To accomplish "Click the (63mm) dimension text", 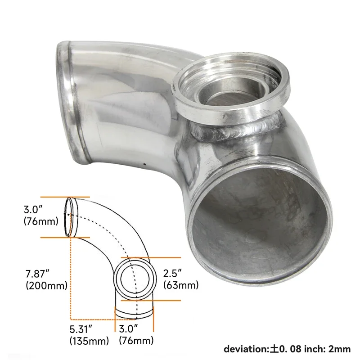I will pos(180,285).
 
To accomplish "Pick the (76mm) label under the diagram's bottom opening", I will pos(136,341).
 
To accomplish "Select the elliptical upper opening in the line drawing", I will pos(68,216).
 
